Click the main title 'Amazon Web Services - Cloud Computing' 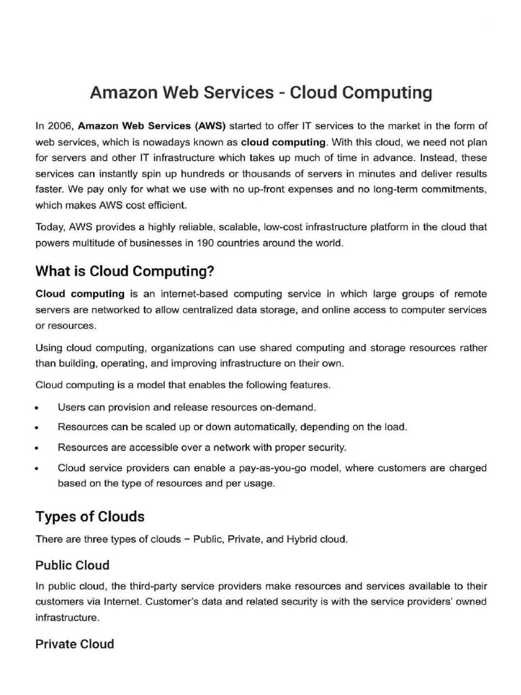click(261, 92)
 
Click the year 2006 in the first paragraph click(58, 126)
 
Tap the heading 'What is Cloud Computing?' click(125, 272)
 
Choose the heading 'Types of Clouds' click(90, 516)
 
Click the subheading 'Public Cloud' click(72, 565)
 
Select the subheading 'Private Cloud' click(75, 644)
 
